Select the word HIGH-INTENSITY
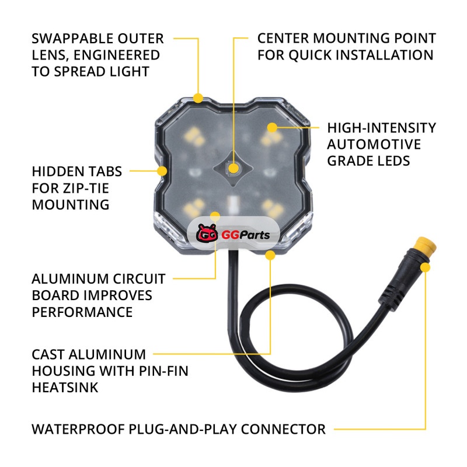click(382, 128)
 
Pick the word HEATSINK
click(65, 388)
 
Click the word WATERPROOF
click(78, 429)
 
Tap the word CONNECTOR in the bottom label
click(283, 429)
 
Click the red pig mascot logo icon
click(207, 233)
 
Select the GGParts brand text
click(246, 235)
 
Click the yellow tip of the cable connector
click(427, 245)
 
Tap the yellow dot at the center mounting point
click(233, 169)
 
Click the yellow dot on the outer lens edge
click(198, 98)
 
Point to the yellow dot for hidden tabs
click(162, 171)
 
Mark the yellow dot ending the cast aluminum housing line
click(270, 255)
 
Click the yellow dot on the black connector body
click(426, 267)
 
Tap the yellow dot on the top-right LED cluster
click(272, 127)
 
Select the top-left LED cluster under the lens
click(194, 137)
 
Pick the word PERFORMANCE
click(82, 312)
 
